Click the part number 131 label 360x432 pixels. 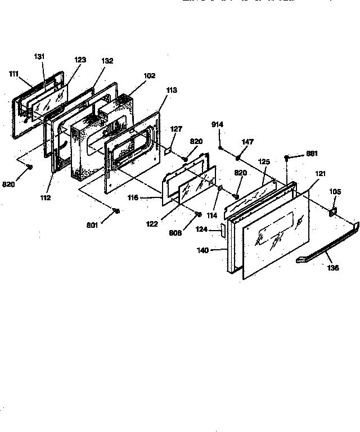[39, 56]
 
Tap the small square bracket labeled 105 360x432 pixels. [332, 212]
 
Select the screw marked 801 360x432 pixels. [116, 210]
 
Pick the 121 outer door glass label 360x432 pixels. [320, 175]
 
